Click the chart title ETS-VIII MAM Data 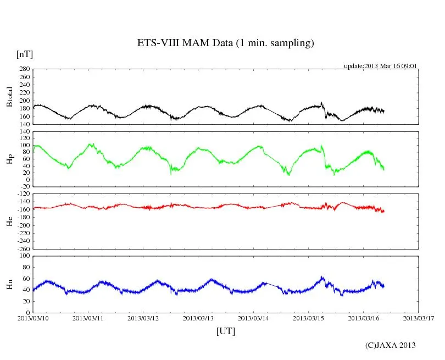pyautogui.click(x=225, y=43)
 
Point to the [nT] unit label pyautogui.click(x=25, y=54)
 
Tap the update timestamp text pyautogui.click(x=381, y=66)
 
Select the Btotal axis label pyautogui.click(x=9, y=97)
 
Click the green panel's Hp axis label pyautogui.click(x=9, y=159)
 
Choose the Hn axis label pyautogui.click(x=9, y=284)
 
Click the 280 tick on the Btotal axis pyautogui.click(x=24, y=69)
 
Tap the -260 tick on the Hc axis pyautogui.click(x=22, y=249)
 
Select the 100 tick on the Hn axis pyautogui.click(x=24, y=256)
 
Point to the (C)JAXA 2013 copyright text pyautogui.click(x=390, y=345)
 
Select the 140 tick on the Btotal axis pyautogui.click(x=24, y=124)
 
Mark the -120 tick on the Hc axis pyautogui.click(x=22, y=195)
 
